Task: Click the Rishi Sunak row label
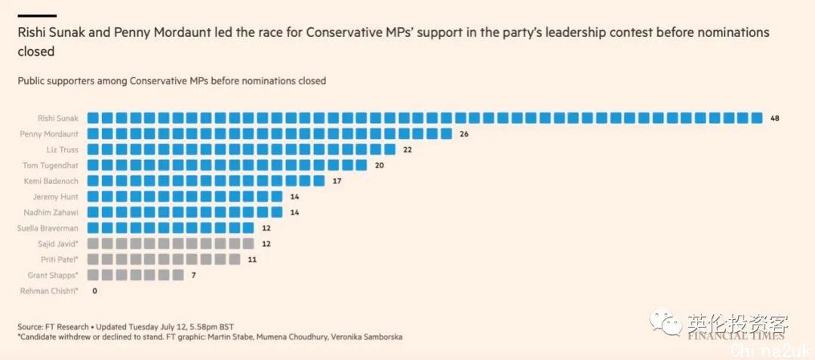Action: click(x=58, y=118)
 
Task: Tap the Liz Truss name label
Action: click(x=62, y=149)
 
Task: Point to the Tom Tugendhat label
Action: click(x=51, y=165)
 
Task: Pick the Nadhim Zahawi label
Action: click(x=51, y=212)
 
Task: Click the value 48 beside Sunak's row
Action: click(x=775, y=118)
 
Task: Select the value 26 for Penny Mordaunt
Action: click(x=464, y=134)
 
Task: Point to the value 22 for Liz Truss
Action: click(x=407, y=149)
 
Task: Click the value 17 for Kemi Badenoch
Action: click(x=337, y=181)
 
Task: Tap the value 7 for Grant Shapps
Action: click(x=193, y=275)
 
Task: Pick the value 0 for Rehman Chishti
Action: click(x=94, y=291)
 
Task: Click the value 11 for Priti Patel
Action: click(x=251, y=260)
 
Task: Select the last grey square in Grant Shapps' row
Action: click(x=177, y=275)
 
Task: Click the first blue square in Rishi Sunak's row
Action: click(x=93, y=118)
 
